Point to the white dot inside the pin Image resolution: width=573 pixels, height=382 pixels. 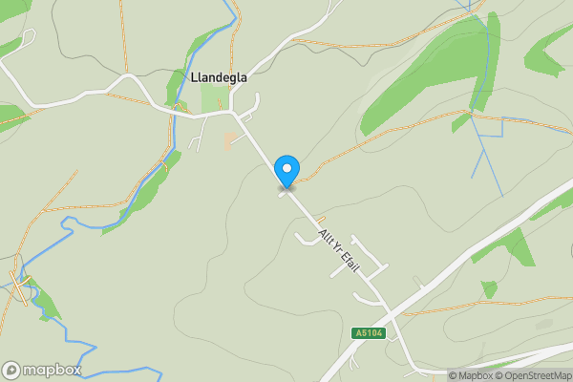click(286, 168)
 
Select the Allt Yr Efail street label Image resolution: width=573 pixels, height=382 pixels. click(339, 250)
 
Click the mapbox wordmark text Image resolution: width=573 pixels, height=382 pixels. click(52, 370)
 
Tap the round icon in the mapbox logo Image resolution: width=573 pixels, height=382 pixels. click(11, 370)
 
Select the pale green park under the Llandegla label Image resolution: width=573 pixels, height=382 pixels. click(215, 98)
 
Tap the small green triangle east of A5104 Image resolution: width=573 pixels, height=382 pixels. click(489, 288)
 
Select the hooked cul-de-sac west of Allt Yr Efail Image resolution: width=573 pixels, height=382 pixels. click(308, 239)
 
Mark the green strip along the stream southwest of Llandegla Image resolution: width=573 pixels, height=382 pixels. click(143, 191)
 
